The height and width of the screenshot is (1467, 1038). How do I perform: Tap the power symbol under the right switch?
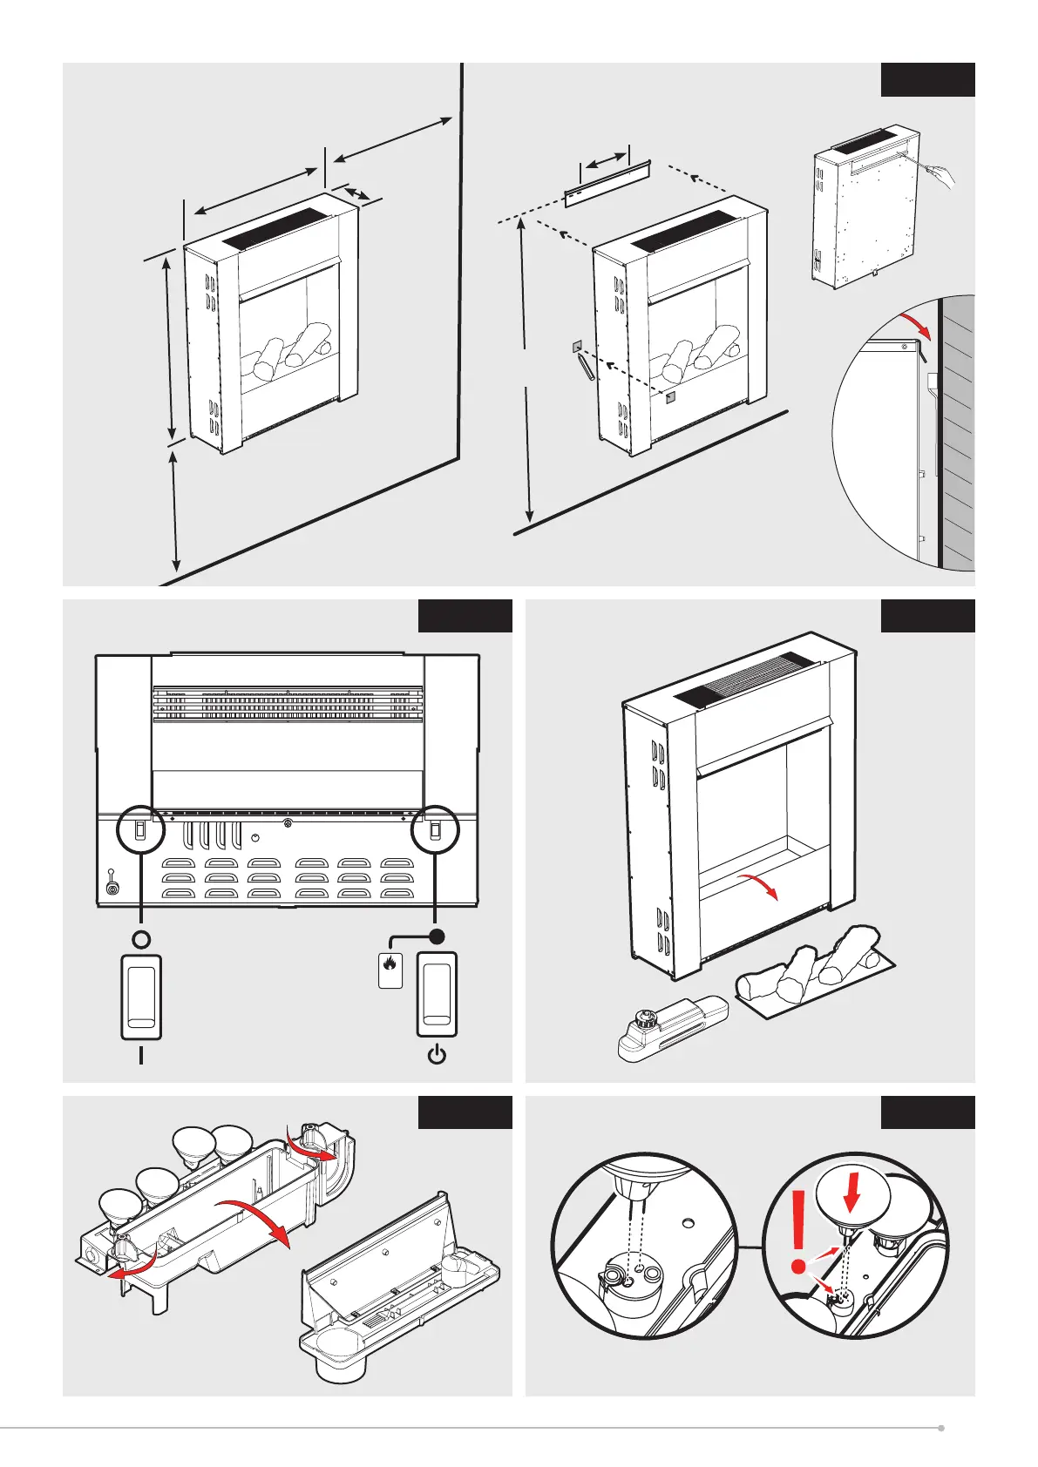pyautogui.click(x=438, y=1055)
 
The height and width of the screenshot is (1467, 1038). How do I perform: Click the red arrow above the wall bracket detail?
pyautogui.click(x=916, y=327)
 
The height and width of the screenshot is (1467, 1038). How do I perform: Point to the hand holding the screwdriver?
pyautogui.click(x=941, y=175)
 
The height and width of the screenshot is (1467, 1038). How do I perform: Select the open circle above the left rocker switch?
pyautogui.click(x=141, y=939)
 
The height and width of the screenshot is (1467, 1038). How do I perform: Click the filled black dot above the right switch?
pyautogui.click(x=438, y=936)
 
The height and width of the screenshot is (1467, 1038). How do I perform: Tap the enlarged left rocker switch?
pyautogui.click(x=141, y=997)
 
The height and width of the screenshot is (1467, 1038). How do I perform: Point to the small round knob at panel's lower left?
pyautogui.click(x=112, y=888)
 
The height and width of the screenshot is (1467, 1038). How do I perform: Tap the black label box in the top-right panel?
pyautogui.click(x=927, y=79)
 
